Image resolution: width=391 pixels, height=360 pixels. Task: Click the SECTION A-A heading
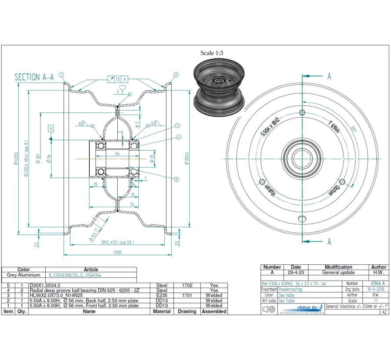[34, 77]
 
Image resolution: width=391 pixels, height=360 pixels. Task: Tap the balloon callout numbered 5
[177, 179]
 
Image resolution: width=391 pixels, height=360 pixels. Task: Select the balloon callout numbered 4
[179, 137]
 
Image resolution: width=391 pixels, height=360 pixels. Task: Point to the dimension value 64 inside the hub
[117, 153]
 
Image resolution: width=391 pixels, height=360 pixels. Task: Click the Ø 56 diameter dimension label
[49, 158]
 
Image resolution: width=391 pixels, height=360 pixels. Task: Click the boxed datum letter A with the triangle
[51, 129]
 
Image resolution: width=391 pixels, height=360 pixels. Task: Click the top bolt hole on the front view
[302, 113]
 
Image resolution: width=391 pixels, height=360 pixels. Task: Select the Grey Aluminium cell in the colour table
[23, 275]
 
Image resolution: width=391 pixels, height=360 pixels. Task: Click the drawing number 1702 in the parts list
[187, 285]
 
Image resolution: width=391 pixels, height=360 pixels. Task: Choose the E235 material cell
[161, 295]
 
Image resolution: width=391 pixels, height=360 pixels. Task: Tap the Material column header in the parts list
[161, 311]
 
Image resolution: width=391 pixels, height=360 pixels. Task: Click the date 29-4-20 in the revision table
[296, 273]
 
